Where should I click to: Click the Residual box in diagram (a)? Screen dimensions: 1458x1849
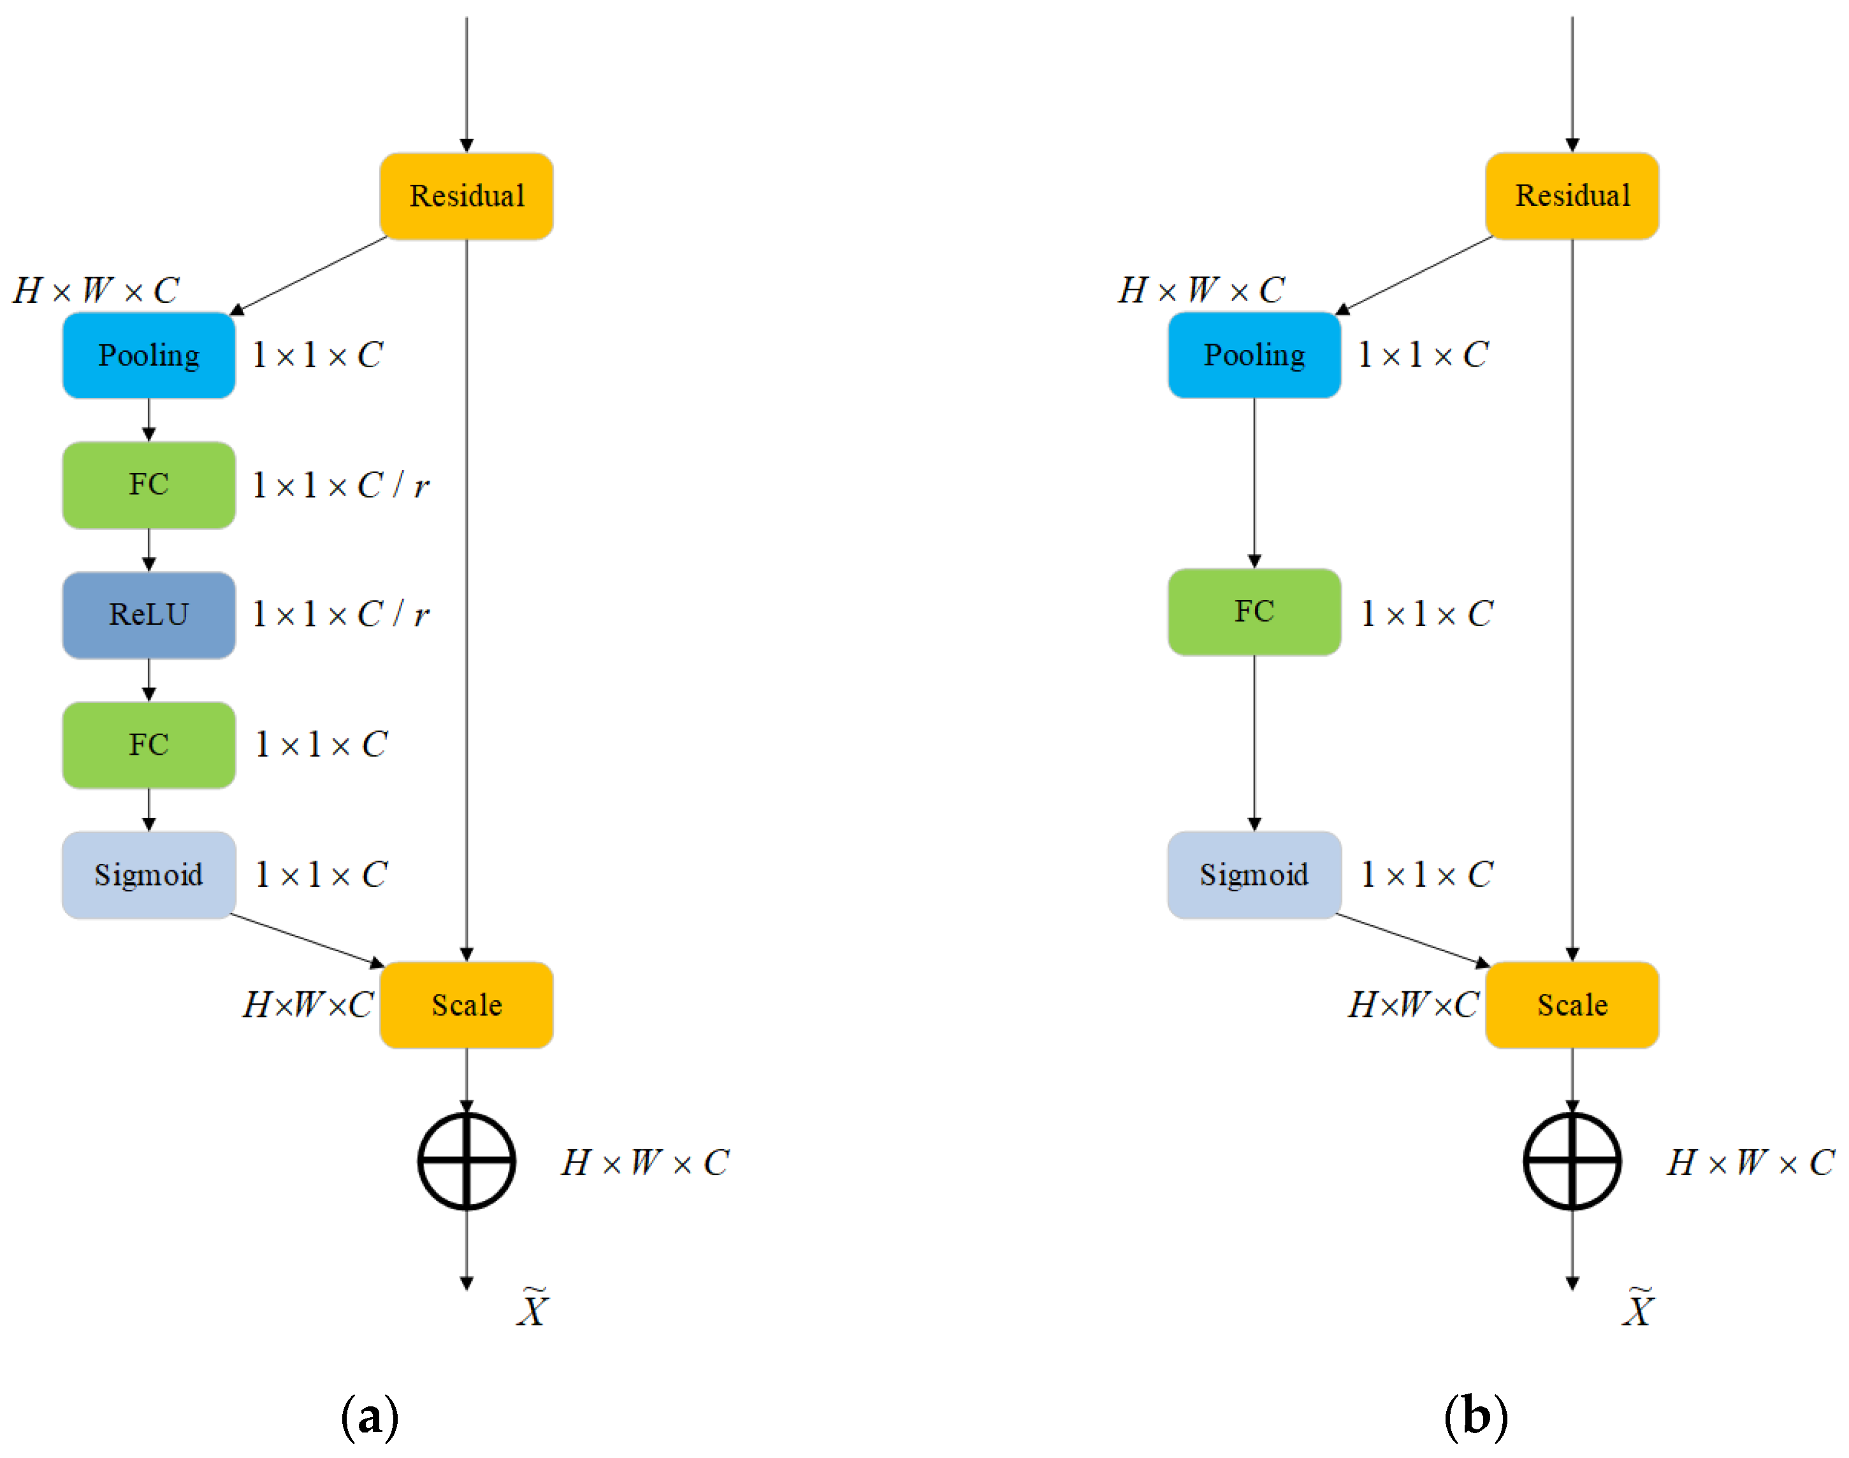coord(466,196)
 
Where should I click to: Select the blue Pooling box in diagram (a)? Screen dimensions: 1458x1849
coord(149,355)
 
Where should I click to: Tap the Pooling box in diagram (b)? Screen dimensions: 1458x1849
coord(1254,355)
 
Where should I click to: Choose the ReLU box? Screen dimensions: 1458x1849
coord(149,615)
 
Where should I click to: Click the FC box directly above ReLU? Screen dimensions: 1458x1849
coord(149,485)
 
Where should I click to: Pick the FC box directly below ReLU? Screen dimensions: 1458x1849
coord(149,745)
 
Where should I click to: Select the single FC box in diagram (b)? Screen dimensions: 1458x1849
coord(1254,612)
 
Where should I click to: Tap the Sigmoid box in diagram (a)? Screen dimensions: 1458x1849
coord(149,875)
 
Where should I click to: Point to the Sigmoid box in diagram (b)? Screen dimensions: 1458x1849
coord(1254,875)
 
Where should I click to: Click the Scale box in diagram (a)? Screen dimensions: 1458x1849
coord(466,1005)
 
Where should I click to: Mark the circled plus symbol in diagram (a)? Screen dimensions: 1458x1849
coord(466,1161)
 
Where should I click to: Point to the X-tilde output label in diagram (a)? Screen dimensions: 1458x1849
coord(532,1308)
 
